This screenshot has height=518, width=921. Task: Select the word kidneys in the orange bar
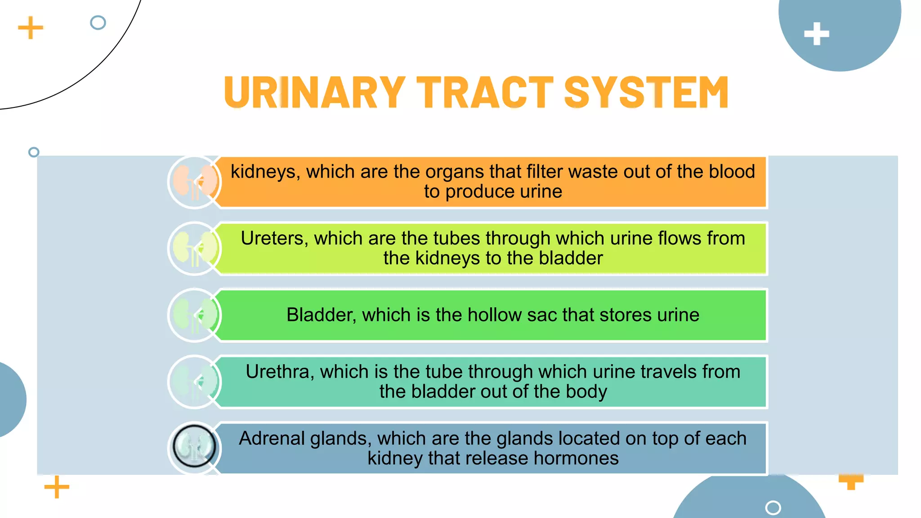263,172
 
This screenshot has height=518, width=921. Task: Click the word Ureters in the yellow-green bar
274,238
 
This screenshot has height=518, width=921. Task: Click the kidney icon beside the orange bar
195,182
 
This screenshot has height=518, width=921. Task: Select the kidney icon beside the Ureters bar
195,249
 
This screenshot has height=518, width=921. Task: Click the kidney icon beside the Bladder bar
195,315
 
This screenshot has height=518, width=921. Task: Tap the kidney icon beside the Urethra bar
195,382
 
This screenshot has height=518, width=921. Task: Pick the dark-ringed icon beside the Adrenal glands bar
195,447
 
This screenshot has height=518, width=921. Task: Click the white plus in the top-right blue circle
816,34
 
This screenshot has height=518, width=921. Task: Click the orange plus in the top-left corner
31,28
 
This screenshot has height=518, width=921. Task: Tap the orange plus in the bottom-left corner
57,487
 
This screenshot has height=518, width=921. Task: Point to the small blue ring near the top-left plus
98,22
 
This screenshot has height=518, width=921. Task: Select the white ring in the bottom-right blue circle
773,508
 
